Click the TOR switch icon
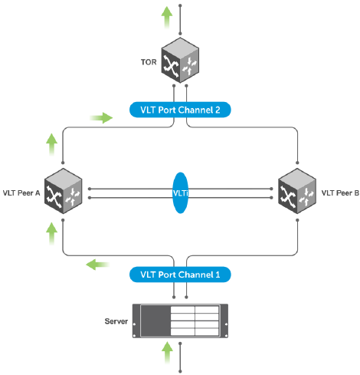pyautogui.click(x=180, y=61)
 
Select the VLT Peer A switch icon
pyautogui.click(x=63, y=191)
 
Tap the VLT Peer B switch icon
pyautogui.click(x=297, y=191)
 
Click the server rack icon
pyautogui.click(x=180, y=321)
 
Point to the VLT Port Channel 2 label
pyautogui.click(x=180, y=110)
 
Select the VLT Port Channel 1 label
pyautogui.click(x=180, y=275)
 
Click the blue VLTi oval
pyautogui.click(x=181, y=192)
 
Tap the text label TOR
pyautogui.click(x=149, y=62)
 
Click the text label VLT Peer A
pyautogui.click(x=21, y=193)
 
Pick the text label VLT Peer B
pyautogui.click(x=340, y=193)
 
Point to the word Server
pyautogui.click(x=116, y=321)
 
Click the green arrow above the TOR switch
pyautogui.click(x=167, y=18)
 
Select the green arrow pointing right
pyautogui.click(x=101, y=118)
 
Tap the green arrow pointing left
pyautogui.click(x=98, y=265)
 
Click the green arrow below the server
pyautogui.click(x=167, y=353)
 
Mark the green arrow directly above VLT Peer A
pyautogui.click(x=51, y=145)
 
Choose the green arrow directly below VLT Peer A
pyautogui.click(x=51, y=234)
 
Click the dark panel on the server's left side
pyautogui.click(x=155, y=321)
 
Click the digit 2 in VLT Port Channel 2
pyautogui.click(x=218, y=110)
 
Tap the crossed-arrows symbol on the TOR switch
pyautogui.click(x=171, y=66)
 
